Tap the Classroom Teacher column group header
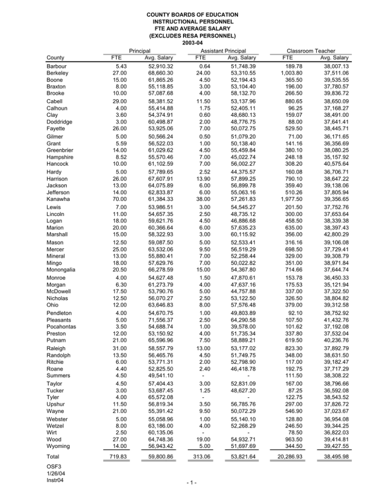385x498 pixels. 318,51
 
